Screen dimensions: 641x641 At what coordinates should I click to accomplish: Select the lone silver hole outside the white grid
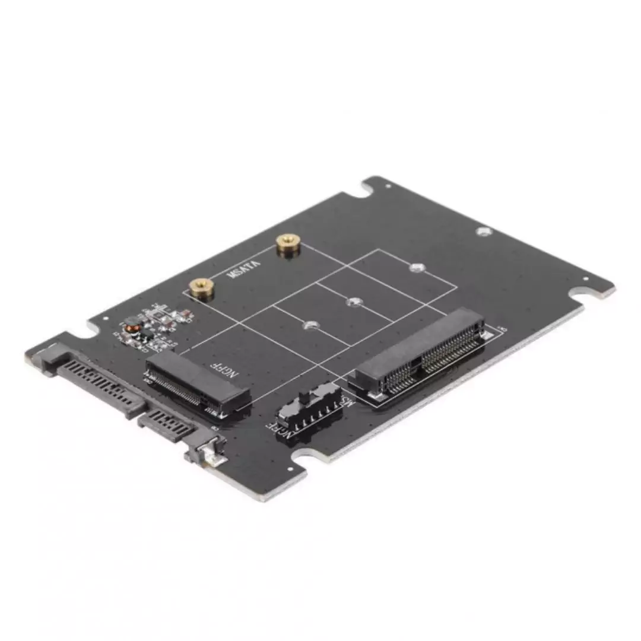pos(484,231)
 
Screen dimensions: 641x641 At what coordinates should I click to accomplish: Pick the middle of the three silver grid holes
pos(354,301)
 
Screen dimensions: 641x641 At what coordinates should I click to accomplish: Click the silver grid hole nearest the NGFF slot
pos(310,325)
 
